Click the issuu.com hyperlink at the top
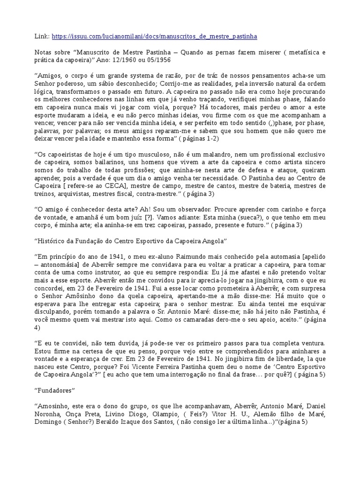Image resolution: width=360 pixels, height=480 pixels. coord(154,36)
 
